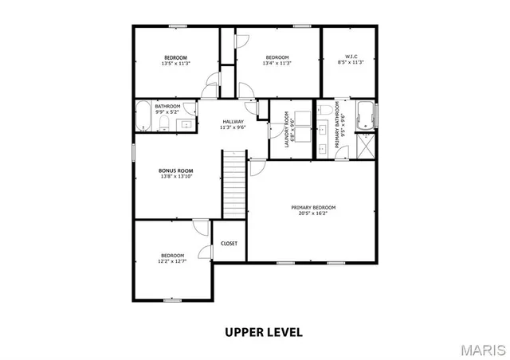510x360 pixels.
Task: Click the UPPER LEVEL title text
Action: coord(263,331)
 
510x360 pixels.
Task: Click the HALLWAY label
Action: coord(233,121)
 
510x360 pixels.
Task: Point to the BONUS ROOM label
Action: coord(176,170)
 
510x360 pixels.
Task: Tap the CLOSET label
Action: coord(229,244)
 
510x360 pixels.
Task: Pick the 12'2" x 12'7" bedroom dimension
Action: coord(173,260)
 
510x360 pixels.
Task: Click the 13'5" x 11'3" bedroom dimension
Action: coord(175,63)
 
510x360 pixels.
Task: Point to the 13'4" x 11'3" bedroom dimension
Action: coord(277,63)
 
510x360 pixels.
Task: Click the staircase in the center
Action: coord(233,183)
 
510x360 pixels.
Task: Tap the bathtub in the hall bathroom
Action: coord(143,115)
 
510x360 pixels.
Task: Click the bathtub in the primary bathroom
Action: coord(365,115)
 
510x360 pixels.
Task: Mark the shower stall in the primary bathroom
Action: coord(367,147)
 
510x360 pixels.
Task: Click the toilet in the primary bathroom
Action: coord(326,109)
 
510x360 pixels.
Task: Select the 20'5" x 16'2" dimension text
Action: coord(313,213)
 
